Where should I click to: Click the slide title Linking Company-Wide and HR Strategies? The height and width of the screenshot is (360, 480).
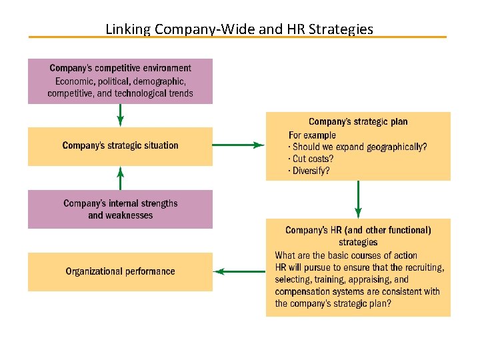pos(239,29)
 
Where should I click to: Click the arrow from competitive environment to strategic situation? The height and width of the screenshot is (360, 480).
pos(120,115)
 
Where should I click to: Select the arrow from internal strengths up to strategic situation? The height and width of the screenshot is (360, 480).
pos(120,178)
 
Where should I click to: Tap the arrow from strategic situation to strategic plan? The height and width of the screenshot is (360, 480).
pos(239,145)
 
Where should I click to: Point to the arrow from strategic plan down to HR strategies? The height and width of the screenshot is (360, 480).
pos(358,199)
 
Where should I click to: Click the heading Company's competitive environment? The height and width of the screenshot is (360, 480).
pos(120,68)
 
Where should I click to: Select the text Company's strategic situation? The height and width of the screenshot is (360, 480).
pos(120,145)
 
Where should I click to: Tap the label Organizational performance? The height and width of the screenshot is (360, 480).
pos(120,271)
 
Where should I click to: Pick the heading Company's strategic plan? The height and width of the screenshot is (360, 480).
pos(358,122)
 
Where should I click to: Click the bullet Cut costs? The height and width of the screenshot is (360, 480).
pos(311,159)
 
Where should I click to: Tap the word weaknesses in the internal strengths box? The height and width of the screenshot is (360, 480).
pos(129,215)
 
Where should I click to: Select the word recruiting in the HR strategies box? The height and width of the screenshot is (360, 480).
pos(421,267)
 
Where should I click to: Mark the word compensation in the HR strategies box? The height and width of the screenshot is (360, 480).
pos(302,291)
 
